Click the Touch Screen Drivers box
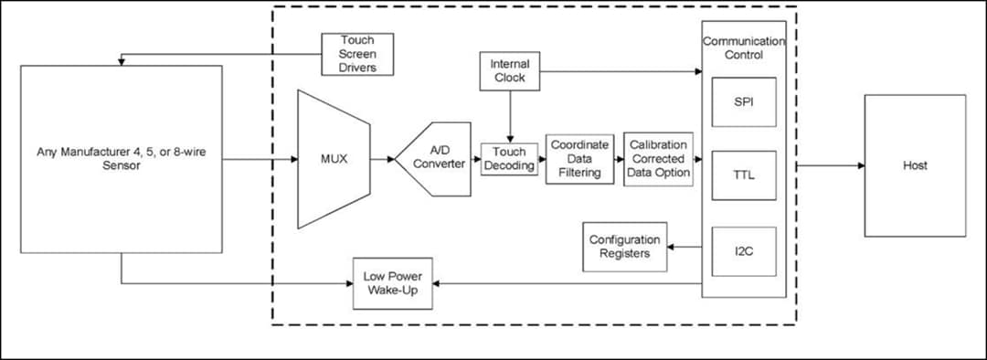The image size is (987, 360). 357,54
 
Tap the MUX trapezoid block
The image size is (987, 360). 334,159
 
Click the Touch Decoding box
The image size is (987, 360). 509,159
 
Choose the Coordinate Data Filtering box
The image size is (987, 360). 579,159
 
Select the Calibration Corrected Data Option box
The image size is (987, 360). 658,159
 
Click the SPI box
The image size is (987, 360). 744,101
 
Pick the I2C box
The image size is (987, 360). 744,251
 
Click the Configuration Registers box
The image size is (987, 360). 624,247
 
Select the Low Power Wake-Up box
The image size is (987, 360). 394,283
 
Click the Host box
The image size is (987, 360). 915,165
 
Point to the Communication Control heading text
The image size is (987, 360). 743,48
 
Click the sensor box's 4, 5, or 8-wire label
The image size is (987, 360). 122,159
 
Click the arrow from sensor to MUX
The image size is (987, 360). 260,159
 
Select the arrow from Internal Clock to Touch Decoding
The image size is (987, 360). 509,118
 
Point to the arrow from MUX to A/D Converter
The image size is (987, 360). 383,159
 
